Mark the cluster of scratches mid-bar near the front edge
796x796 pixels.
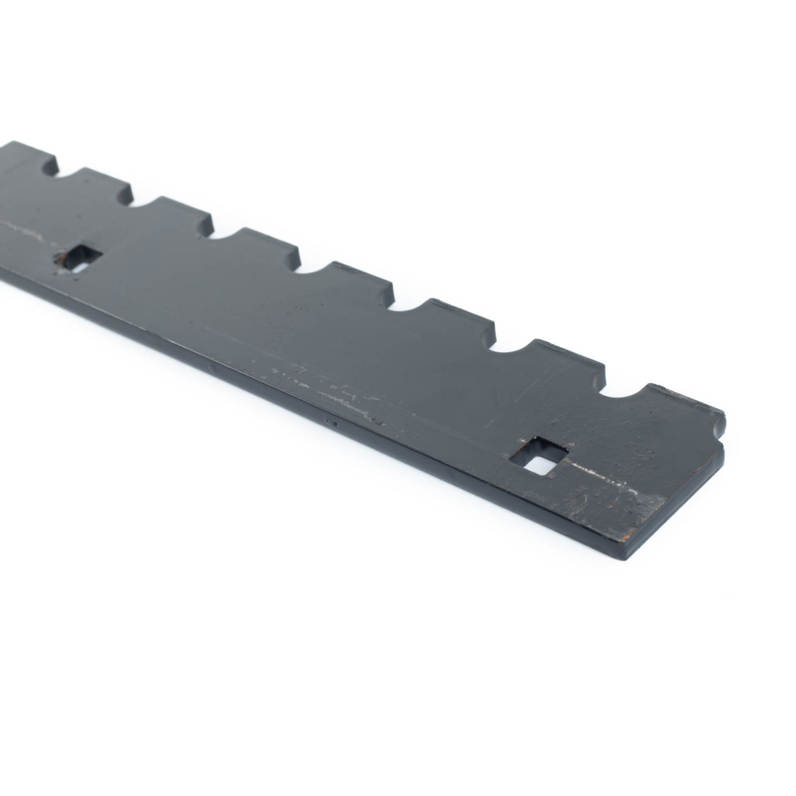coord(321,388)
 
